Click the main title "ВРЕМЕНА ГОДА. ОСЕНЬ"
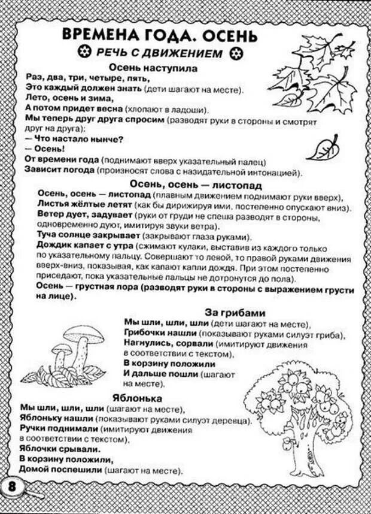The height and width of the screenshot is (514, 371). coord(160,35)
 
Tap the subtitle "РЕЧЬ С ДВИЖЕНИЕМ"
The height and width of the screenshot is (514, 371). coord(160,53)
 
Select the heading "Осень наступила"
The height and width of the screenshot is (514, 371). coord(153,68)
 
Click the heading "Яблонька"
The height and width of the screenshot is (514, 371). coord(136,397)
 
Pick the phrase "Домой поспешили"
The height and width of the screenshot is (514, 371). coord(56,470)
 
